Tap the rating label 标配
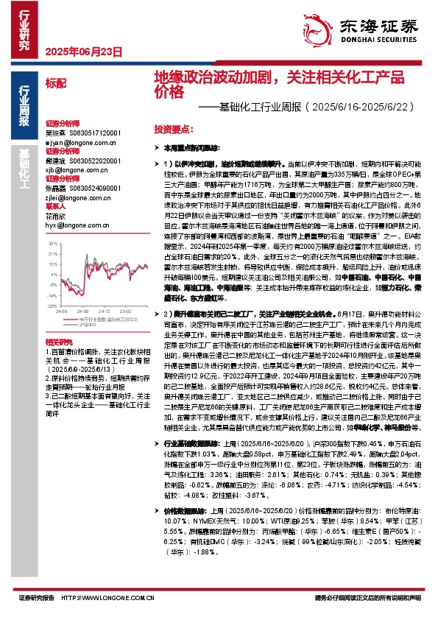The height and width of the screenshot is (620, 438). click(55, 83)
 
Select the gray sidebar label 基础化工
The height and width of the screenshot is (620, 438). click(24, 166)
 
